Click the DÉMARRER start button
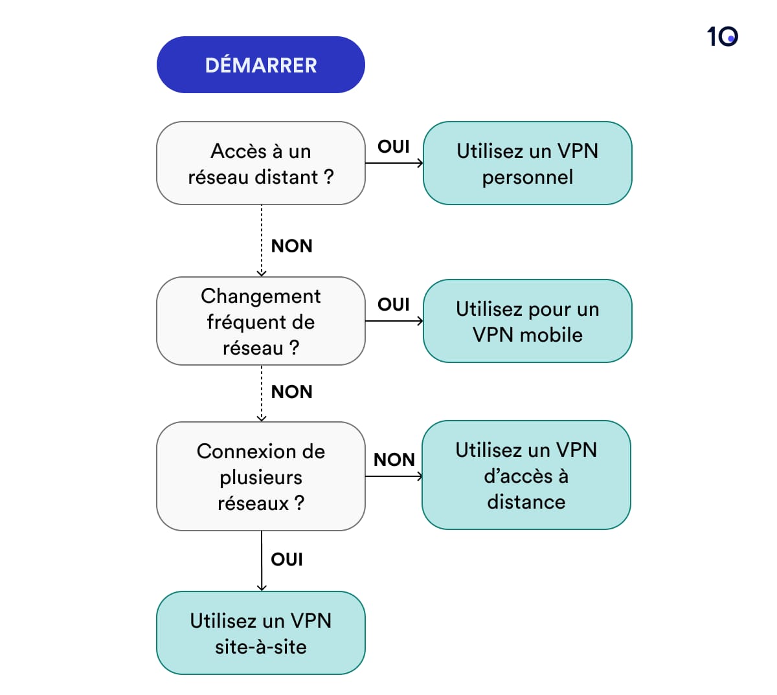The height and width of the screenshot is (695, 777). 260,65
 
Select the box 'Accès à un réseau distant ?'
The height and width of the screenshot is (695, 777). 260,163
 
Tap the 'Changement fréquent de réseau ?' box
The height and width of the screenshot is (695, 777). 260,321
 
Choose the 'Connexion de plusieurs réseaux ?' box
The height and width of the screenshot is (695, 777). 260,476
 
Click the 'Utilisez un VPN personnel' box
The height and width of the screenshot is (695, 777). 527,163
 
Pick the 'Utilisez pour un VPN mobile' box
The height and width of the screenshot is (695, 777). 527,321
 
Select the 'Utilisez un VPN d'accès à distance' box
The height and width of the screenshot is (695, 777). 526,475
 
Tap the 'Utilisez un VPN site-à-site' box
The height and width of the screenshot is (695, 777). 260,633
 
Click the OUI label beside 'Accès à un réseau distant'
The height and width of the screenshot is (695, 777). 394,146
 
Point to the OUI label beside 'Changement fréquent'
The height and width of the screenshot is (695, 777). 394,304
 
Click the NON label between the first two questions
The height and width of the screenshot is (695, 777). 291,246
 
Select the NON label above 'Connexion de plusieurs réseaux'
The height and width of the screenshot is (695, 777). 291,392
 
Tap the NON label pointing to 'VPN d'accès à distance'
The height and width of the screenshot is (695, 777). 394,459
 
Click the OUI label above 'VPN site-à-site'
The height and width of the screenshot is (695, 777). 287,559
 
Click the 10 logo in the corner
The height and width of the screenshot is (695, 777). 722,36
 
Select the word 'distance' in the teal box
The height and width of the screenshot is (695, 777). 526,502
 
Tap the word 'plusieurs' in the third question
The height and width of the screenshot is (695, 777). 260,477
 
